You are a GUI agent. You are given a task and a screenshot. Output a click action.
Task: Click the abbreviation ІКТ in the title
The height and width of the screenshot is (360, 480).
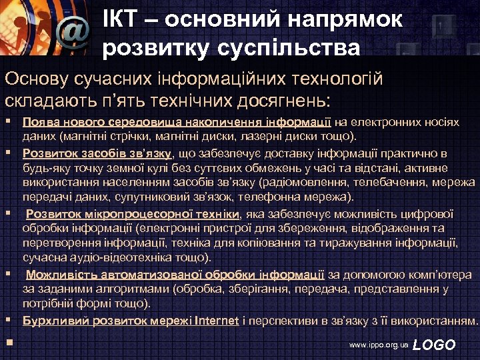pos(121,19)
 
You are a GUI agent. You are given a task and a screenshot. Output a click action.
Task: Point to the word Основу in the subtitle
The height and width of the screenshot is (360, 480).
pos(35,80)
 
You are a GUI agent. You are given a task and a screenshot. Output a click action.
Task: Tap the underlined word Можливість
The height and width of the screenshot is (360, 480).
pos(57,274)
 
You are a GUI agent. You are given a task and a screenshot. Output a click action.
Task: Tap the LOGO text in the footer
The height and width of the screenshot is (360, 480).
pos(435,345)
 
